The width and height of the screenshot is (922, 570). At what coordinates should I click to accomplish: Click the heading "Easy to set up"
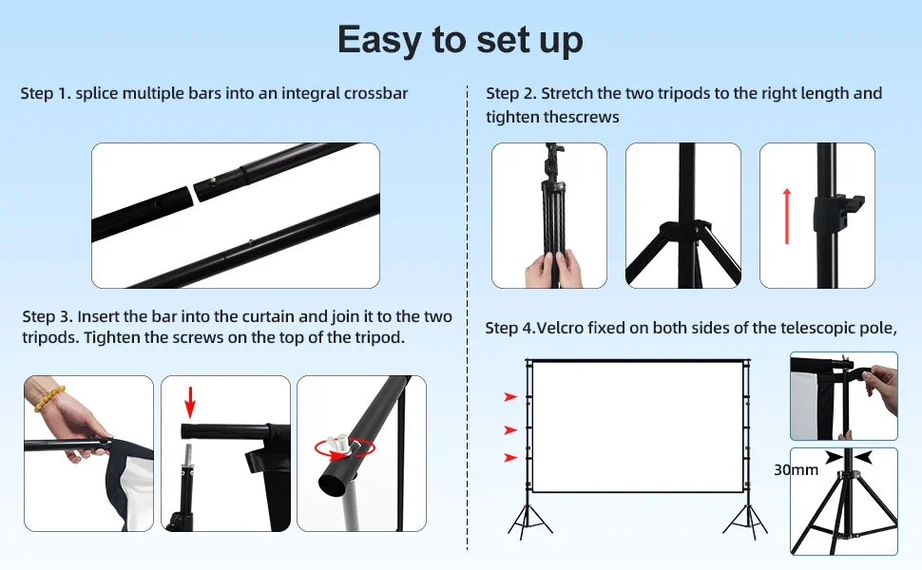[x=460, y=40]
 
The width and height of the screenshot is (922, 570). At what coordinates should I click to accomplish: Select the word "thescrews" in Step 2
[x=582, y=117]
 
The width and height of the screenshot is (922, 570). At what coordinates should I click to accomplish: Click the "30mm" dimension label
[x=796, y=469]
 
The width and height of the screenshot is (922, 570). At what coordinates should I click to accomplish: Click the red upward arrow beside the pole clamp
[x=787, y=217]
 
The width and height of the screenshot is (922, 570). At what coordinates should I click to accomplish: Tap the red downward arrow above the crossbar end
[x=189, y=403]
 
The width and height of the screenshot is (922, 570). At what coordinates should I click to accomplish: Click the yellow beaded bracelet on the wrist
[x=49, y=398]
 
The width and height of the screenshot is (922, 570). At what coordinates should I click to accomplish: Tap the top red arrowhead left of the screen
[x=509, y=397]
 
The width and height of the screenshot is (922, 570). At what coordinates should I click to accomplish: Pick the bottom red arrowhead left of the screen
[x=509, y=458]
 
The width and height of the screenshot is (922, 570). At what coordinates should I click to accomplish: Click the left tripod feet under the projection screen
[x=529, y=521]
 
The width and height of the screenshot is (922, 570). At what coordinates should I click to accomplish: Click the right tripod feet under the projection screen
[x=745, y=521]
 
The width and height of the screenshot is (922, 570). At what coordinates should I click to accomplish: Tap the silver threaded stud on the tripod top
[x=187, y=455]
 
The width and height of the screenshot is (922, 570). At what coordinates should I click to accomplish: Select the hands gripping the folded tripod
[x=553, y=270]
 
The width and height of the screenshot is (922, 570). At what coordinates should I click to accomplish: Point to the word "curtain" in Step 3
[x=268, y=316]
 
